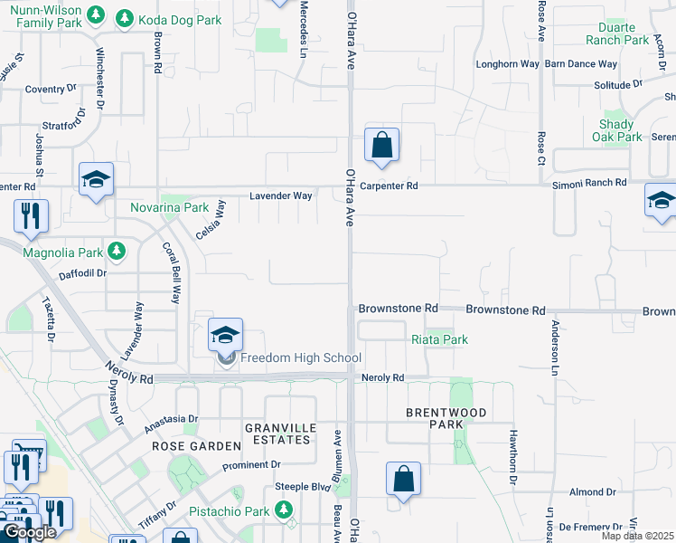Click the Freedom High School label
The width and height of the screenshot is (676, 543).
[x=300, y=358]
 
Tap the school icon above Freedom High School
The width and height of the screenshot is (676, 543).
[x=225, y=335]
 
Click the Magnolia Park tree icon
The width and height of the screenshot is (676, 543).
[x=116, y=250]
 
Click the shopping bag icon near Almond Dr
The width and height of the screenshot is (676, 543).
[x=404, y=479]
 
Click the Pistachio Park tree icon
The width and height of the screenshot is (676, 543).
[x=285, y=511]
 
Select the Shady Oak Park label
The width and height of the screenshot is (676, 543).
[x=621, y=130]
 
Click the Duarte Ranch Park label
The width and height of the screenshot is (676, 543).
[x=617, y=33]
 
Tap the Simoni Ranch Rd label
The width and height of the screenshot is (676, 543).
[x=589, y=183]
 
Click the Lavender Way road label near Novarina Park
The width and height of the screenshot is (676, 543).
[x=281, y=195]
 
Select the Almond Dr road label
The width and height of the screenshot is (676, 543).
[x=593, y=492]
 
